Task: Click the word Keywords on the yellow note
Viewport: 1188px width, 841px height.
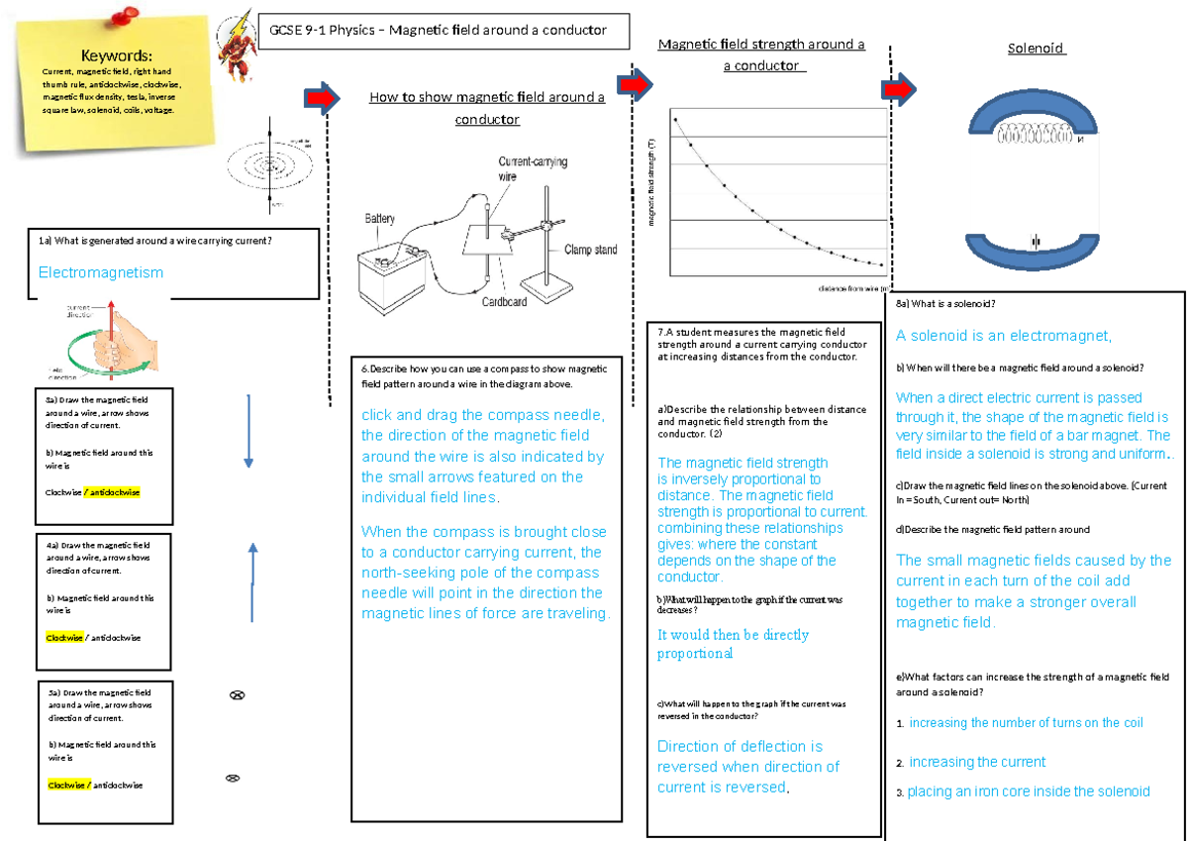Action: pyautogui.click(x=117, y=55)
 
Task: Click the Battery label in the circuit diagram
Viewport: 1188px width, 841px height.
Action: pyautogui.click(x=380, y=218)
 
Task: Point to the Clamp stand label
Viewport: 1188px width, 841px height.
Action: pyautogui.click(x=590, y=250)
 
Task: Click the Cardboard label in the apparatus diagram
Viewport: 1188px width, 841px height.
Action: pyautogui.click(x=505, y=301)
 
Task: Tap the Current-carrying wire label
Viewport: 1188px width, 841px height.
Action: pyautogui.click(x=533, y=168)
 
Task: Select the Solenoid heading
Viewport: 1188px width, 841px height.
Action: pyautogui.click(x=1036, y=49)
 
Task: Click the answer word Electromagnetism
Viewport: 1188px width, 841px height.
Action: pyautogui.click(x=101, y=272)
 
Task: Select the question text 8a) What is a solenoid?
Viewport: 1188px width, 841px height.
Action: pyautogui.click(x=945, y=304)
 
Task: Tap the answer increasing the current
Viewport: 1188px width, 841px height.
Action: pyautogui.click(x=977, y=762)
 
